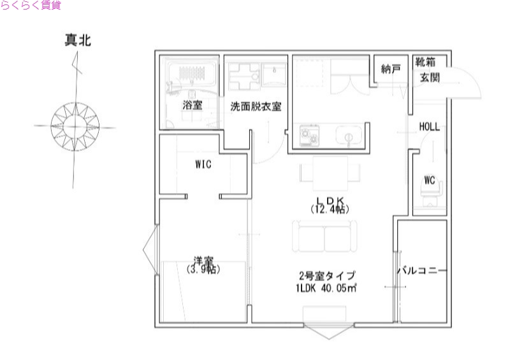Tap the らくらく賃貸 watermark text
pos(31,5)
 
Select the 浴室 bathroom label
pos(192,106)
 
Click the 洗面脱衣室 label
pos(256,106)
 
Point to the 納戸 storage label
pos(391,69)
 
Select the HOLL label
pos(430,126)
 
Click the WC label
pos(429,180)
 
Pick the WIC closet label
pos(203,164)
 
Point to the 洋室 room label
pos(203,261)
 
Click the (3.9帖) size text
pos(203,270)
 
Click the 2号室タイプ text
pos(326,275)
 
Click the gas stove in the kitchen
pos(312,136)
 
